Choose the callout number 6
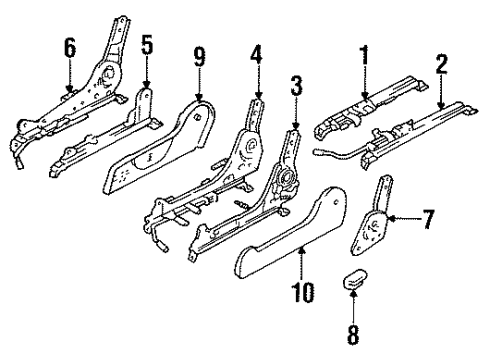coord(69,47)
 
